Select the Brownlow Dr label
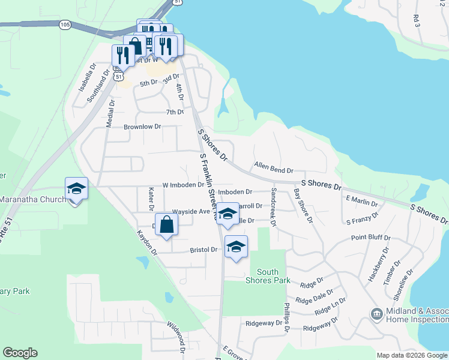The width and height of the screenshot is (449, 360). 143,127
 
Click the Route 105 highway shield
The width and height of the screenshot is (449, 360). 65,25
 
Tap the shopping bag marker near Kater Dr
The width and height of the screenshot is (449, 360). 167,225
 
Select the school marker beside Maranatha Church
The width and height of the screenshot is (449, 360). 77,189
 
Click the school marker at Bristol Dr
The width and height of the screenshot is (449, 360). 237,247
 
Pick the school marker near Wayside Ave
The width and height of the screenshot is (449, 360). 228,214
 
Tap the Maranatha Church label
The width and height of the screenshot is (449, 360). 33,199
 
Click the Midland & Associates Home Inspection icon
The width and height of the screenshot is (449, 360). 376,314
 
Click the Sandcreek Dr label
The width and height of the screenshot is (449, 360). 274,206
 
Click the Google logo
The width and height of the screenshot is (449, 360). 20,353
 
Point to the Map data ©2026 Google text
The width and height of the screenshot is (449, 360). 412,355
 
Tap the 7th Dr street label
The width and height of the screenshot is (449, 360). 175,112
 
